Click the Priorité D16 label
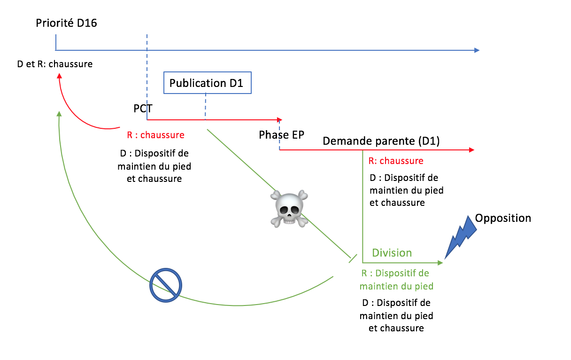point(66,23)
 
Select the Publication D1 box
point(207,83)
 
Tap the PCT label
point(143,109)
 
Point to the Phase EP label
point(281,135)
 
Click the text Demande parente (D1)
point(381,141)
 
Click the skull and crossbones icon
point(289,209)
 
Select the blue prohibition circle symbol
point(166,285)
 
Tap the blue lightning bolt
point(460,237)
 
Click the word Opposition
point(503,218)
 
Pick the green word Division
point(392,253)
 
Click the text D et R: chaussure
point(55,64)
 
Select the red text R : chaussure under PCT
point(155,135)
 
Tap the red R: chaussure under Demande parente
point(396,161)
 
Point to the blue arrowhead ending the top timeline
point(477,50)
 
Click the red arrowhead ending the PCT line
point(279,119)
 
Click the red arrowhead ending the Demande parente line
point(471,150)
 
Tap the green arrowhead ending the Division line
point(440,263)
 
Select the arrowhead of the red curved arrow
point(59,76)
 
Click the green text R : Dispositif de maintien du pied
point(396,280)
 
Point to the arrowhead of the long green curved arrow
point(59,114)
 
